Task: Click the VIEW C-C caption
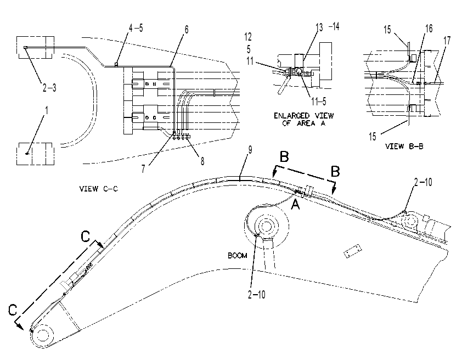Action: pyautogui.click(x=98, y=189)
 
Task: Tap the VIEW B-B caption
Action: pyautogui.click(x=404, y=146)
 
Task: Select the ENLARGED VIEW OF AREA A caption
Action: pyautogui.click(x=304, y=119)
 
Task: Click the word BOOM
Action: pyautogui.click(x=238, y=255)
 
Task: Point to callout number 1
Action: pyautogui.click(x=46, y=110)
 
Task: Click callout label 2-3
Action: pyautogui.click(x=49, y=87)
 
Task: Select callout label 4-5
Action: pyautogui.click(x=136, y=28)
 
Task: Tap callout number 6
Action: pyautogui.click(x=186, y=30)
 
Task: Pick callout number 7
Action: pyautogui.click(x=143, y=169)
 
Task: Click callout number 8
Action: pyautogui.click(x=202, y=161)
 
